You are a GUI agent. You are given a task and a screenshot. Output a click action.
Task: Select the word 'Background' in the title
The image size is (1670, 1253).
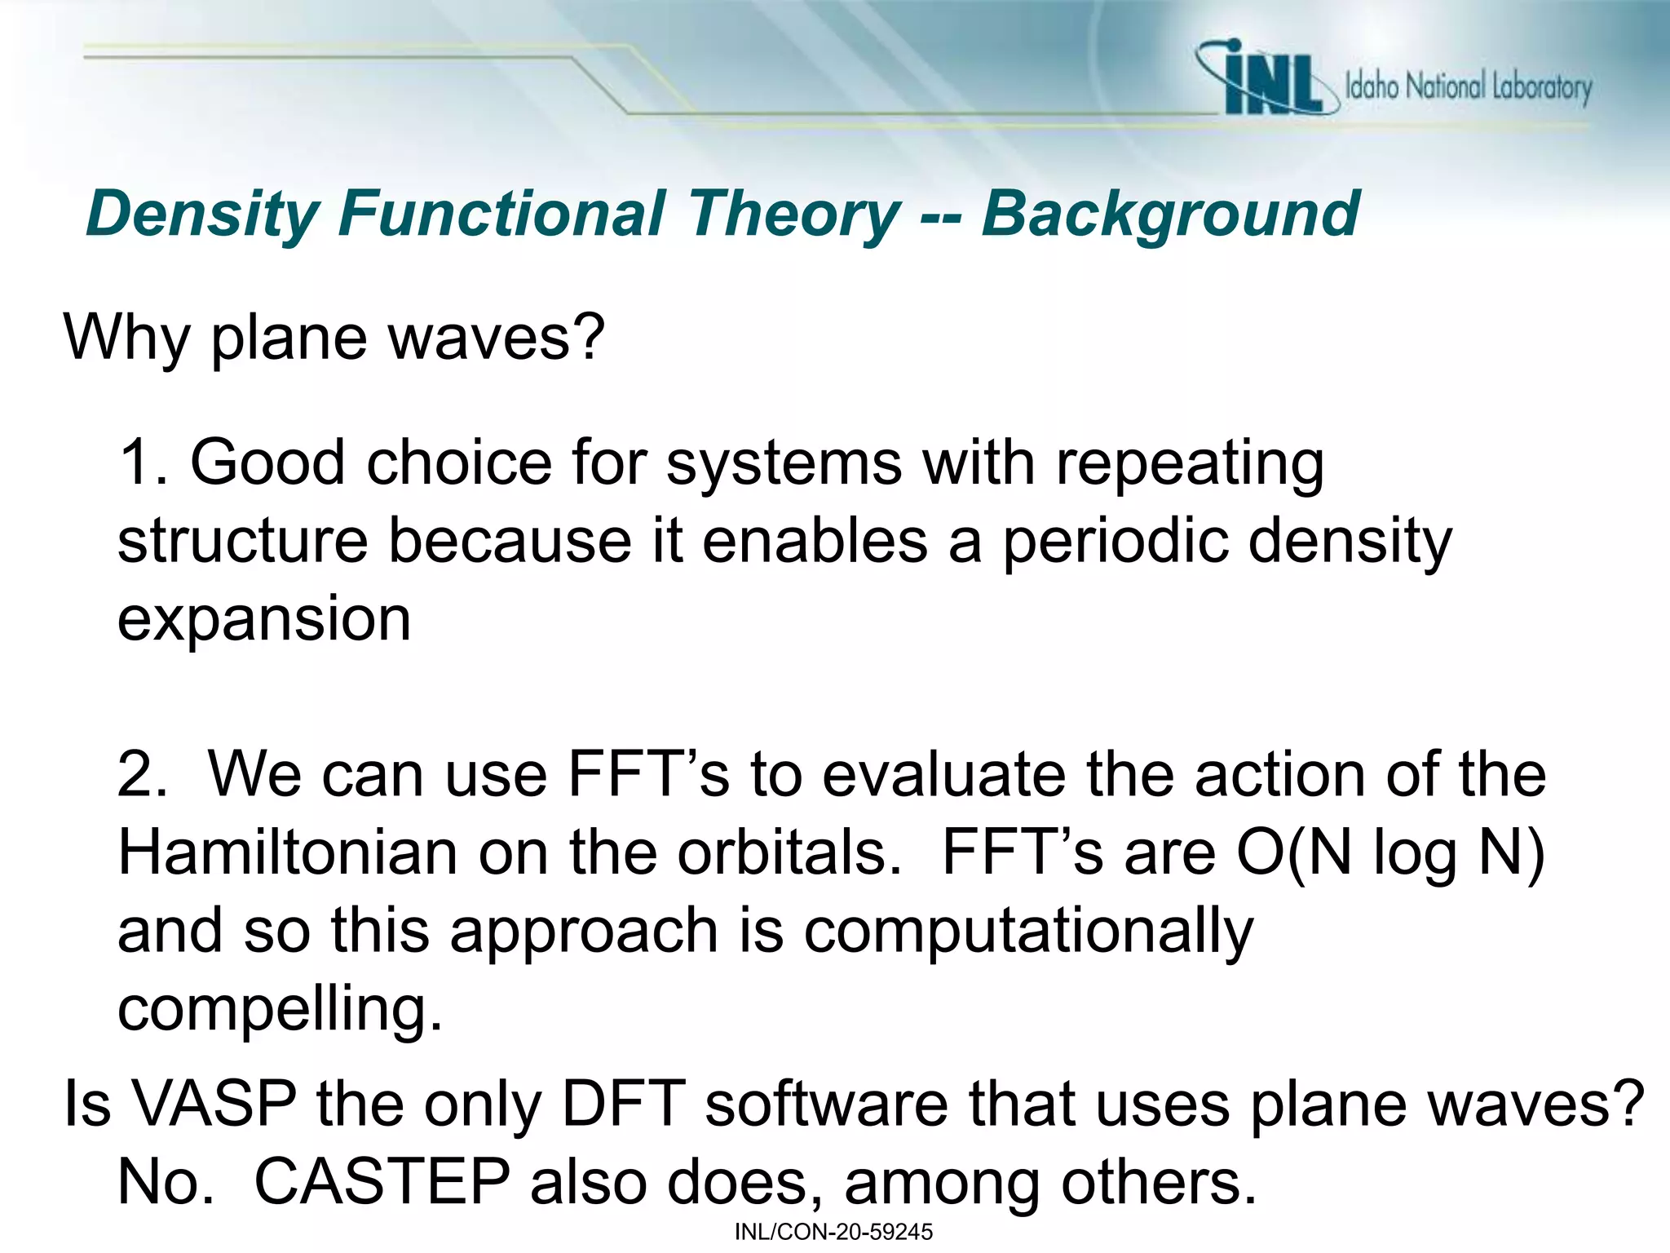pos(1170,214)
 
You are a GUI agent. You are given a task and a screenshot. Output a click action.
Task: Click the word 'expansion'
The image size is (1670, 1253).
pos(264,620)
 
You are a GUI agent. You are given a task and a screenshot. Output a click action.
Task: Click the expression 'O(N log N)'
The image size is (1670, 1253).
pos(1390,854)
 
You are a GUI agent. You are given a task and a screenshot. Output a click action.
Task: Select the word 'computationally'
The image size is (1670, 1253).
pos(1028,932)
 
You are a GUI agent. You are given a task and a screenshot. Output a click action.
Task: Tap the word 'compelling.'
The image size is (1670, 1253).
pos(280,1010)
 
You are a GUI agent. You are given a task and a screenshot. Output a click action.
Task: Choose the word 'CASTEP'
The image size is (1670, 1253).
pos(382,1182)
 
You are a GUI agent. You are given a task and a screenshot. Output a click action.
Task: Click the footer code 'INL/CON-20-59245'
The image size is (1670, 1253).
pos(833,1232)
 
